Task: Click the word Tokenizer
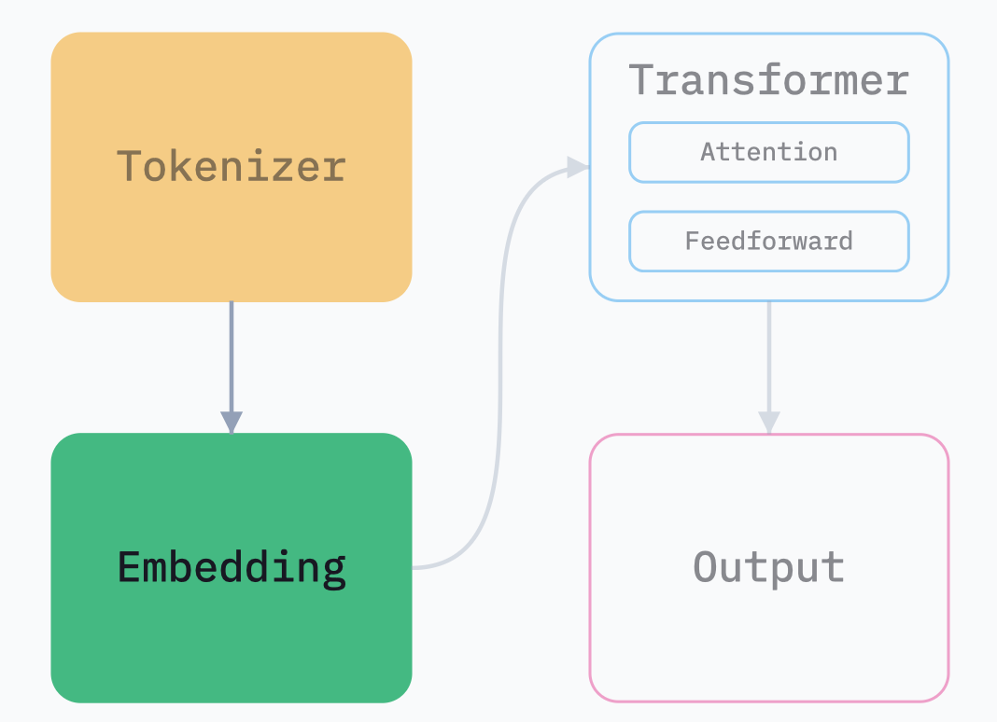coord(232,167)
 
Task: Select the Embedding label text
coord(232,567)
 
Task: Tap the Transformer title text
coord(768,80)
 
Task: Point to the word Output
coord(768,567)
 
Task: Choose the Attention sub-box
coord(768,152)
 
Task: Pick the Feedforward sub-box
coord(768,242)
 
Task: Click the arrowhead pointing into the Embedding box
coord(232,422)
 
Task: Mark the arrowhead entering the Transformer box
coord(579,167)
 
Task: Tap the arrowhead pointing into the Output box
coord(768,423)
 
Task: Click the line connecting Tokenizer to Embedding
coord(232,354)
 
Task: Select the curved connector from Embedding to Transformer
coord(500,373)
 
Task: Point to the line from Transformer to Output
coord(768,354)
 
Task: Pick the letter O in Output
coord(705,567)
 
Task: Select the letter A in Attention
coord(708,152)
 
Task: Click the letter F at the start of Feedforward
coord(692,242)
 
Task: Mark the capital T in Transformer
coord(640,80)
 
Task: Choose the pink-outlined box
coord(768,653)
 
